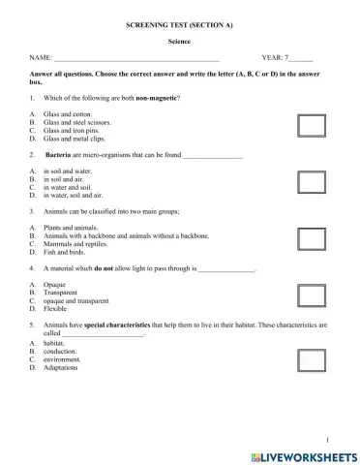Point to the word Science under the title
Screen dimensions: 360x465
coord(180,43)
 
